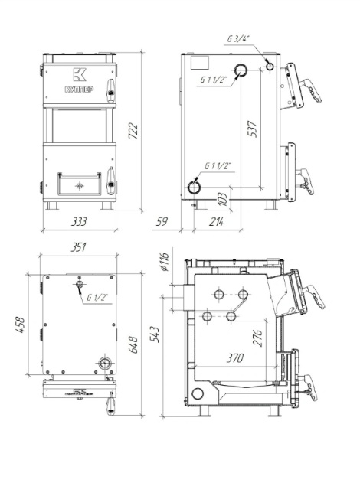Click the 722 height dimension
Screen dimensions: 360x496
pos(133,131)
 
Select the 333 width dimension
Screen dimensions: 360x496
pos(79,222)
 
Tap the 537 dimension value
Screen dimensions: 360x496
pos(252,129)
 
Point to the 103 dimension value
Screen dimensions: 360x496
pos(223,199)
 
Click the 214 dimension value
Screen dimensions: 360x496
pos(216,222)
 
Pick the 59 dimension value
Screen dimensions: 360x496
pos(162,222)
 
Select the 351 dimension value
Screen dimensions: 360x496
pos(78,247)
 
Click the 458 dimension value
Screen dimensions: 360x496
pos(20,325)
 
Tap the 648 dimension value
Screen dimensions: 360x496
pos(133,344)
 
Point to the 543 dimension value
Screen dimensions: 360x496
pos(155,334)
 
